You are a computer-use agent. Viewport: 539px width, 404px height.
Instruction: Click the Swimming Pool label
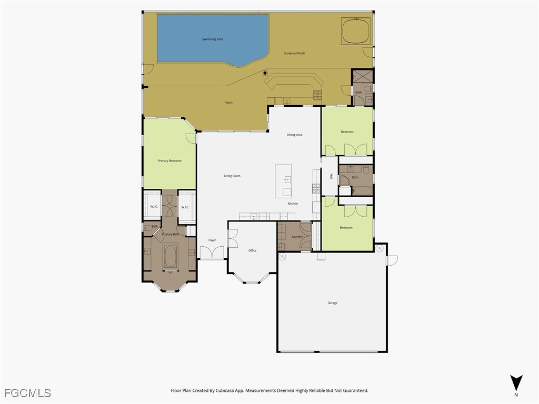click(213, 39)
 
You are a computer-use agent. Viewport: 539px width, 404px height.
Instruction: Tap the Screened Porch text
click(294, 53)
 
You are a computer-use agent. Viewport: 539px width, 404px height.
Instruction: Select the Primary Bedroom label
click(169, 160)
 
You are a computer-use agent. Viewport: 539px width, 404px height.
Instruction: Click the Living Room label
click(232, 176)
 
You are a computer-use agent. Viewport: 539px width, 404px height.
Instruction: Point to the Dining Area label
click(294, 135)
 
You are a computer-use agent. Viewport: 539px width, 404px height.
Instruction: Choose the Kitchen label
click(293, 204)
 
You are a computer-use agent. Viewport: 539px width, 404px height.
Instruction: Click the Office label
click(252, 250)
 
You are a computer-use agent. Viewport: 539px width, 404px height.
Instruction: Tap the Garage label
click(332, 302)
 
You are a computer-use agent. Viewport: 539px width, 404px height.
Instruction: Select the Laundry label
click(297, 236)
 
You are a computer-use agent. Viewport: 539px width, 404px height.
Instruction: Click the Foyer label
click(212, 240)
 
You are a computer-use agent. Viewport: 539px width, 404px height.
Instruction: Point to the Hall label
click(331, 176)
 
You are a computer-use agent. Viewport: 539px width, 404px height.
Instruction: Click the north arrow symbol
click(516, 382)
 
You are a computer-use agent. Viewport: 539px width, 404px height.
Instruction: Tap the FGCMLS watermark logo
click(27, 392)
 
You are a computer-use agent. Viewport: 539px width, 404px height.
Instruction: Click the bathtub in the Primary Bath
click(170, 258)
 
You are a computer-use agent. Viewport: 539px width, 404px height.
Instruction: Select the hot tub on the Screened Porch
click(356, 32)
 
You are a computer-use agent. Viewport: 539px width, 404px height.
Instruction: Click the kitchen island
click(283, 180)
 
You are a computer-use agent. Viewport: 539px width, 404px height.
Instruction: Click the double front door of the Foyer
click(213, 253)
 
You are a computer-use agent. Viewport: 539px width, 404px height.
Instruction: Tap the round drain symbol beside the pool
click(265, 73)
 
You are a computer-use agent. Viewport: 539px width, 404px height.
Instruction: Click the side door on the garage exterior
click(392, 260)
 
